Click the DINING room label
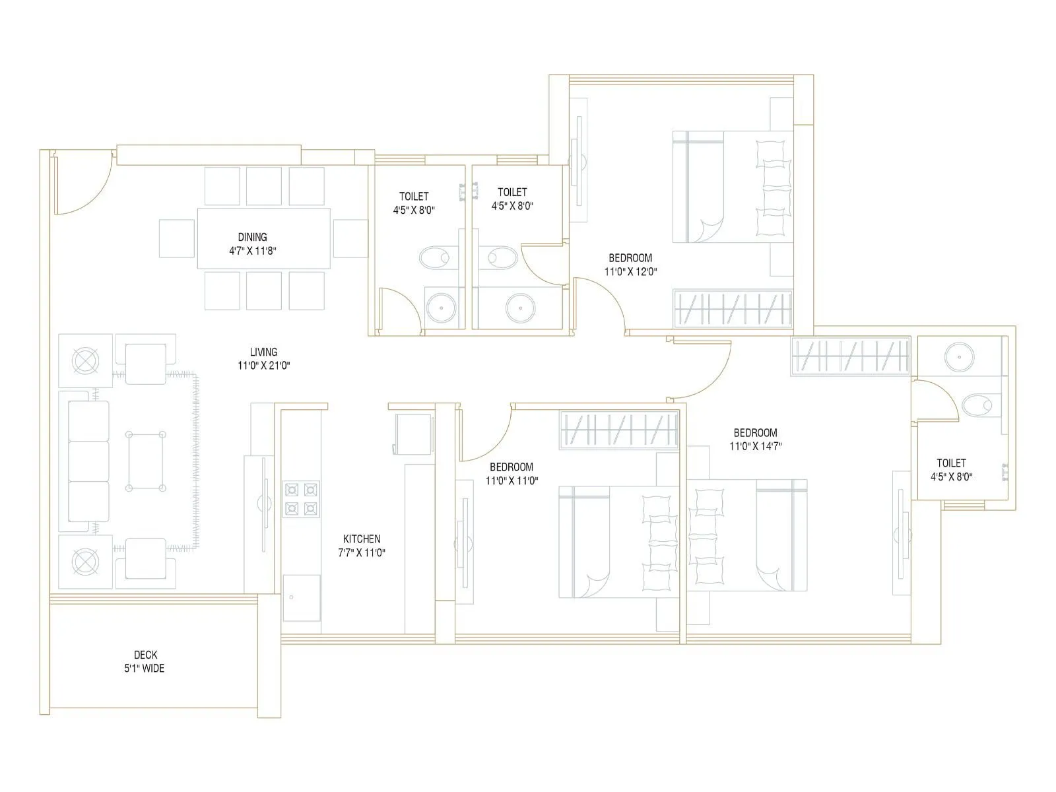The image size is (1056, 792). point(252,237)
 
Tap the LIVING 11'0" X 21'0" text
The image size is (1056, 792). point(263,358)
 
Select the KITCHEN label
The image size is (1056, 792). point(361,539)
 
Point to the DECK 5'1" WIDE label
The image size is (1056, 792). point(146,661)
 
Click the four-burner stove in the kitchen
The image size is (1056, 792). point(301,499)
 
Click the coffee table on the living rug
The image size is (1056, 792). point(145,461)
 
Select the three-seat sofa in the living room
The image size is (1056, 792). point(88,461)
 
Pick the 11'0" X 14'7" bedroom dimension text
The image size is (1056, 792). point(755,446)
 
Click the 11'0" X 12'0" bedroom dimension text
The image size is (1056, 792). point(630,271)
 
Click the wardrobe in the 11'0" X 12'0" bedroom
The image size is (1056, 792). point(732,309)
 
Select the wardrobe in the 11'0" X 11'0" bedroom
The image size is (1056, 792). point(618,430)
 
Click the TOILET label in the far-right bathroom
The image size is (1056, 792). point(951,463)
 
